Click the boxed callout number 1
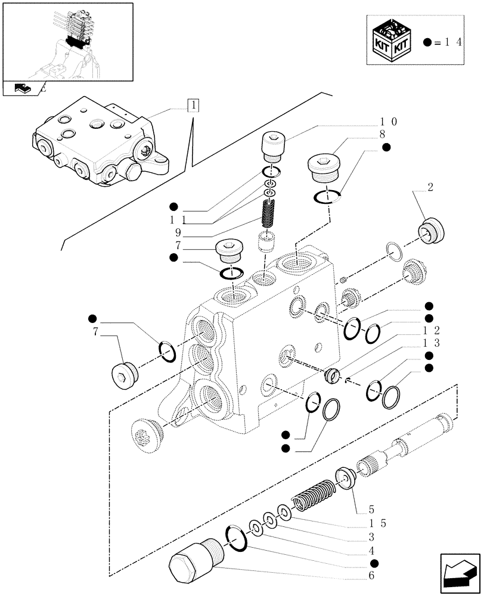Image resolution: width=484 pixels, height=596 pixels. pyautogui.click(x=193, y=106)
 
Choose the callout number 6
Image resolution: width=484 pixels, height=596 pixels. pyautogui.click(x=372, y=576)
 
